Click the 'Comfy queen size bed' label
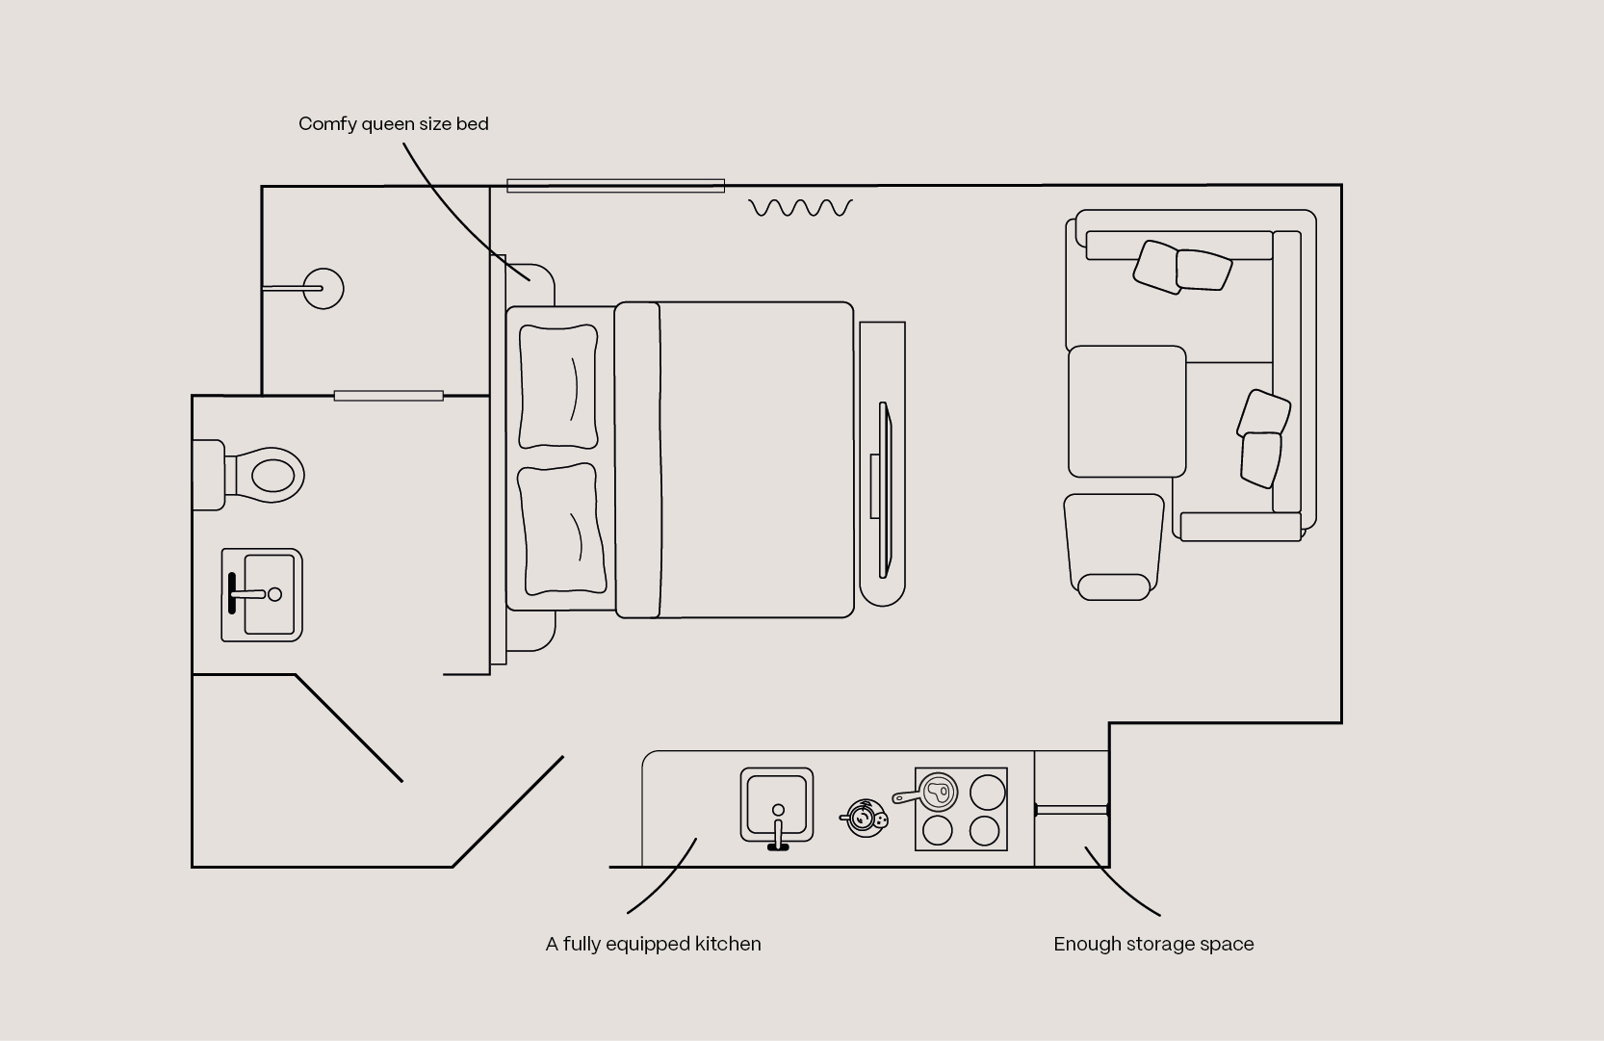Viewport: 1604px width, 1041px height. point(393,124)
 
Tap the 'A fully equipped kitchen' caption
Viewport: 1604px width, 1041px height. point(653,945)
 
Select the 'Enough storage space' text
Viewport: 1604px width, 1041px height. point(1153,945)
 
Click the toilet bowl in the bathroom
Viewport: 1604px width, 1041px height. point(265,475)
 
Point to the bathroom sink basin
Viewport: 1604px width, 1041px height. point(262,595)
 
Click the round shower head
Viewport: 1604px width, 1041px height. point(323,289)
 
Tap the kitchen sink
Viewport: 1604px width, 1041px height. point(777,805)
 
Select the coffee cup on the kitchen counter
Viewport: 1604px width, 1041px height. point(864,819)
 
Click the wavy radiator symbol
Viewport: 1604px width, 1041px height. point(801,208)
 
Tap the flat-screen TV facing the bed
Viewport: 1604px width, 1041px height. point(885,490)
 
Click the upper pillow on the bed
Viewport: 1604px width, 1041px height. point(557,387)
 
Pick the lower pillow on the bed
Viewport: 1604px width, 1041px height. point(562,531)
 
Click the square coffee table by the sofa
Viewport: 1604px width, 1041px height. point(1127,411)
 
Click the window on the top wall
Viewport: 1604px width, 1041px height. point(616,186)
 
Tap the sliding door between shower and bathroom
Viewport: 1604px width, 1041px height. point(389,396)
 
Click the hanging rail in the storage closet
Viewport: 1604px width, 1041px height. point(1072,810)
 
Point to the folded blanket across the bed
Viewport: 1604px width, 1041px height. point(638,460)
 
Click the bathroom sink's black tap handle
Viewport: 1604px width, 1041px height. point(231,593)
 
